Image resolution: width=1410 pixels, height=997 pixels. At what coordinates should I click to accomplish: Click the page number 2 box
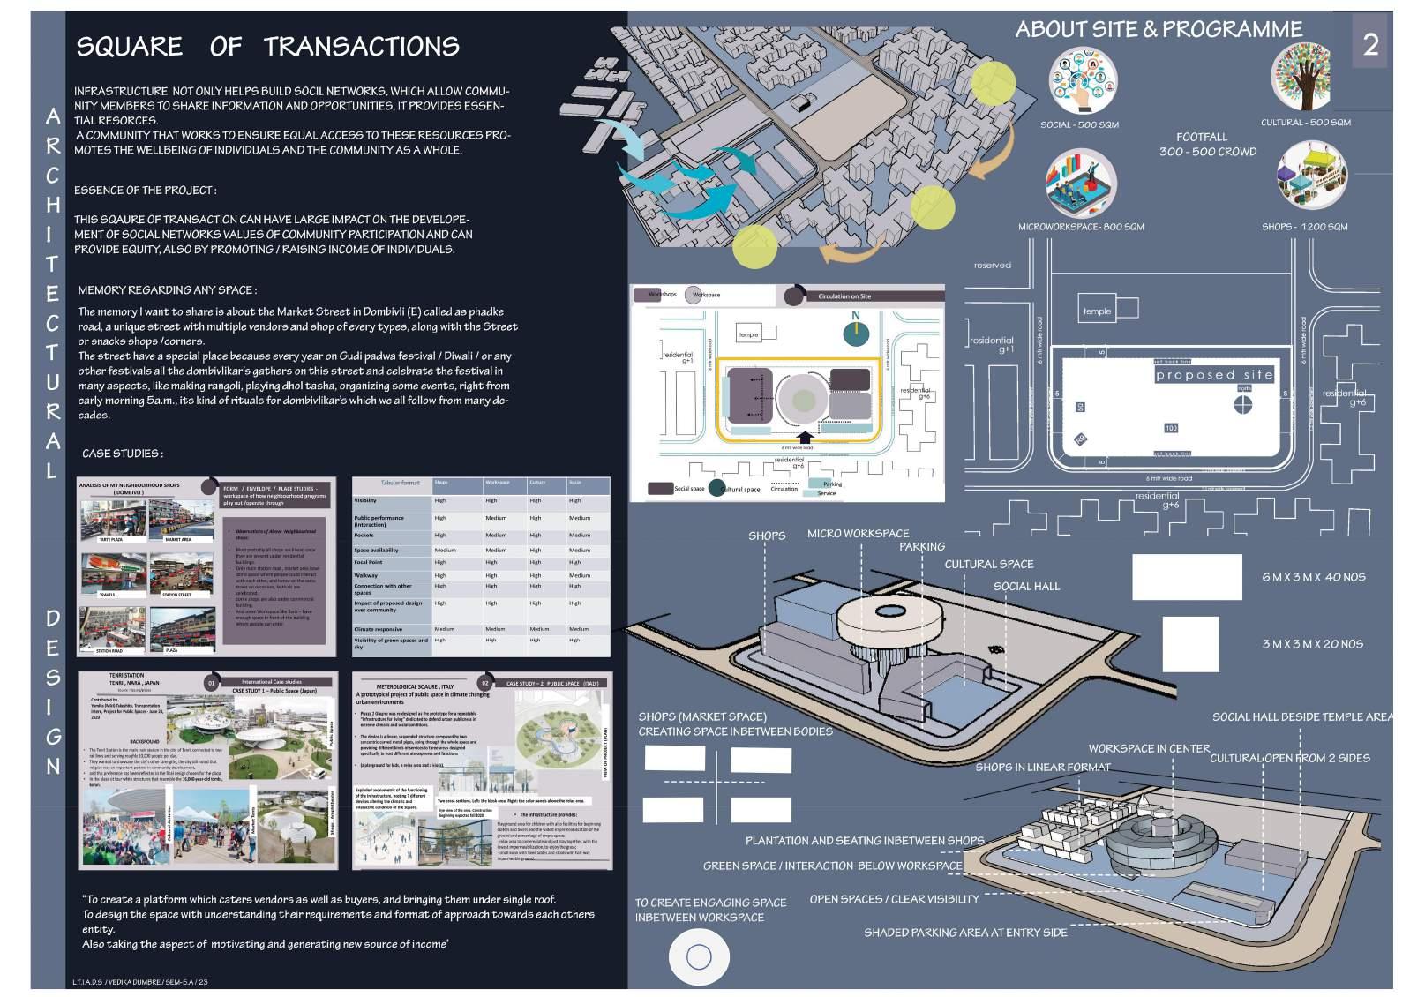click(1369, 43)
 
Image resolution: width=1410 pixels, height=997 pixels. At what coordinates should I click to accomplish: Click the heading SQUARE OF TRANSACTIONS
click(267, 47)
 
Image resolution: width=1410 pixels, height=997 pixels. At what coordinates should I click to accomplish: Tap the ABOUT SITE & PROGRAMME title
click(1158, 29)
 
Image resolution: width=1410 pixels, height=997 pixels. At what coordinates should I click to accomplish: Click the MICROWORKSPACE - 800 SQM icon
click(1080, 184)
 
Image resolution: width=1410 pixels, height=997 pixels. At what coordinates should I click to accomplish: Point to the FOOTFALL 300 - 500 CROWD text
click(1206, 144)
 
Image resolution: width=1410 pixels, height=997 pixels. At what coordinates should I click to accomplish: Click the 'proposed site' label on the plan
click(1214, 375)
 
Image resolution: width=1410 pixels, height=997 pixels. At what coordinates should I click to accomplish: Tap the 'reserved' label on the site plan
click(992, 265)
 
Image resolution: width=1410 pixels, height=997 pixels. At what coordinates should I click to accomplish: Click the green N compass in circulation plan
click(855, 334)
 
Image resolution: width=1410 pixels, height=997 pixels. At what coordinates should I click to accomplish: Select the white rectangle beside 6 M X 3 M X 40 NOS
click(1186, 577)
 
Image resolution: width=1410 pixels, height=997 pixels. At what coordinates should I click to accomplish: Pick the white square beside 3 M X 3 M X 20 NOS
click(1189, 643)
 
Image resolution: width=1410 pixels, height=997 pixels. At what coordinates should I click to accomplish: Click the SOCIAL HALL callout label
click(1026, 586)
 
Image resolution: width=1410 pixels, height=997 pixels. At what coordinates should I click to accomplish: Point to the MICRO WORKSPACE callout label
click(857, 534)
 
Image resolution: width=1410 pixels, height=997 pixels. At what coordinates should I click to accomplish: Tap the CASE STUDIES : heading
click(122, 454)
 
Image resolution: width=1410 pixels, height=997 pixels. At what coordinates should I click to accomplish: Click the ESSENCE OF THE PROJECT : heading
click(145, 190)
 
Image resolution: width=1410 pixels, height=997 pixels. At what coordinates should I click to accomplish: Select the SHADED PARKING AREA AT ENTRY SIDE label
click(964, 932)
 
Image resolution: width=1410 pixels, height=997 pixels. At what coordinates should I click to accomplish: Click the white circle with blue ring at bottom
click(699, 956)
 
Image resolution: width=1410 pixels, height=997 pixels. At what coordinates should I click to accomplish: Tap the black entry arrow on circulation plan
click(804, 437)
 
